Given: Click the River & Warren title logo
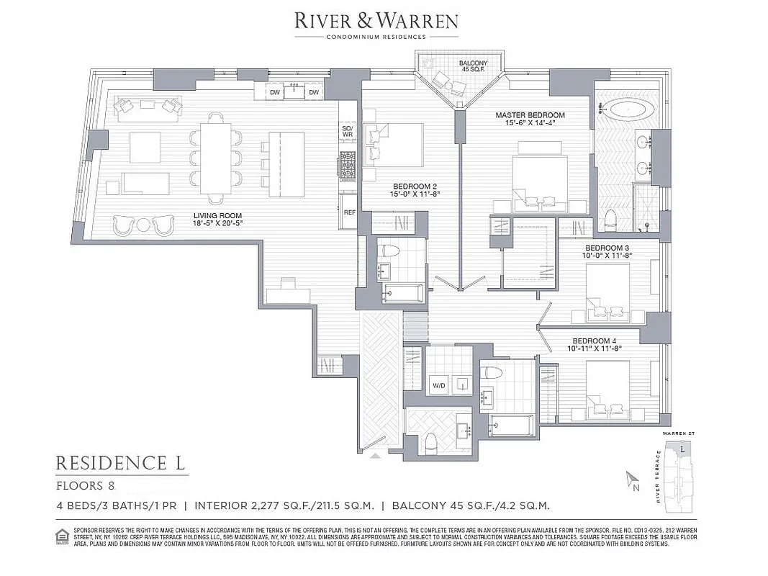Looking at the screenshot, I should click(376, 20).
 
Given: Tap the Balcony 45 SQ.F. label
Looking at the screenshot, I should click(473, 67).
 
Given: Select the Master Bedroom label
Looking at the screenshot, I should click(530, 119).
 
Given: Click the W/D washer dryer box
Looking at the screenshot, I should click(439, 384).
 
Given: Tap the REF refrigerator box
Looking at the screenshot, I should click(350, 212).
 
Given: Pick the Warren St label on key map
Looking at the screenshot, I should click(681, 434).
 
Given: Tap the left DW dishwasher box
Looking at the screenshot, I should click(274, 92).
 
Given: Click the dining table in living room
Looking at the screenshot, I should click(215, 158).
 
